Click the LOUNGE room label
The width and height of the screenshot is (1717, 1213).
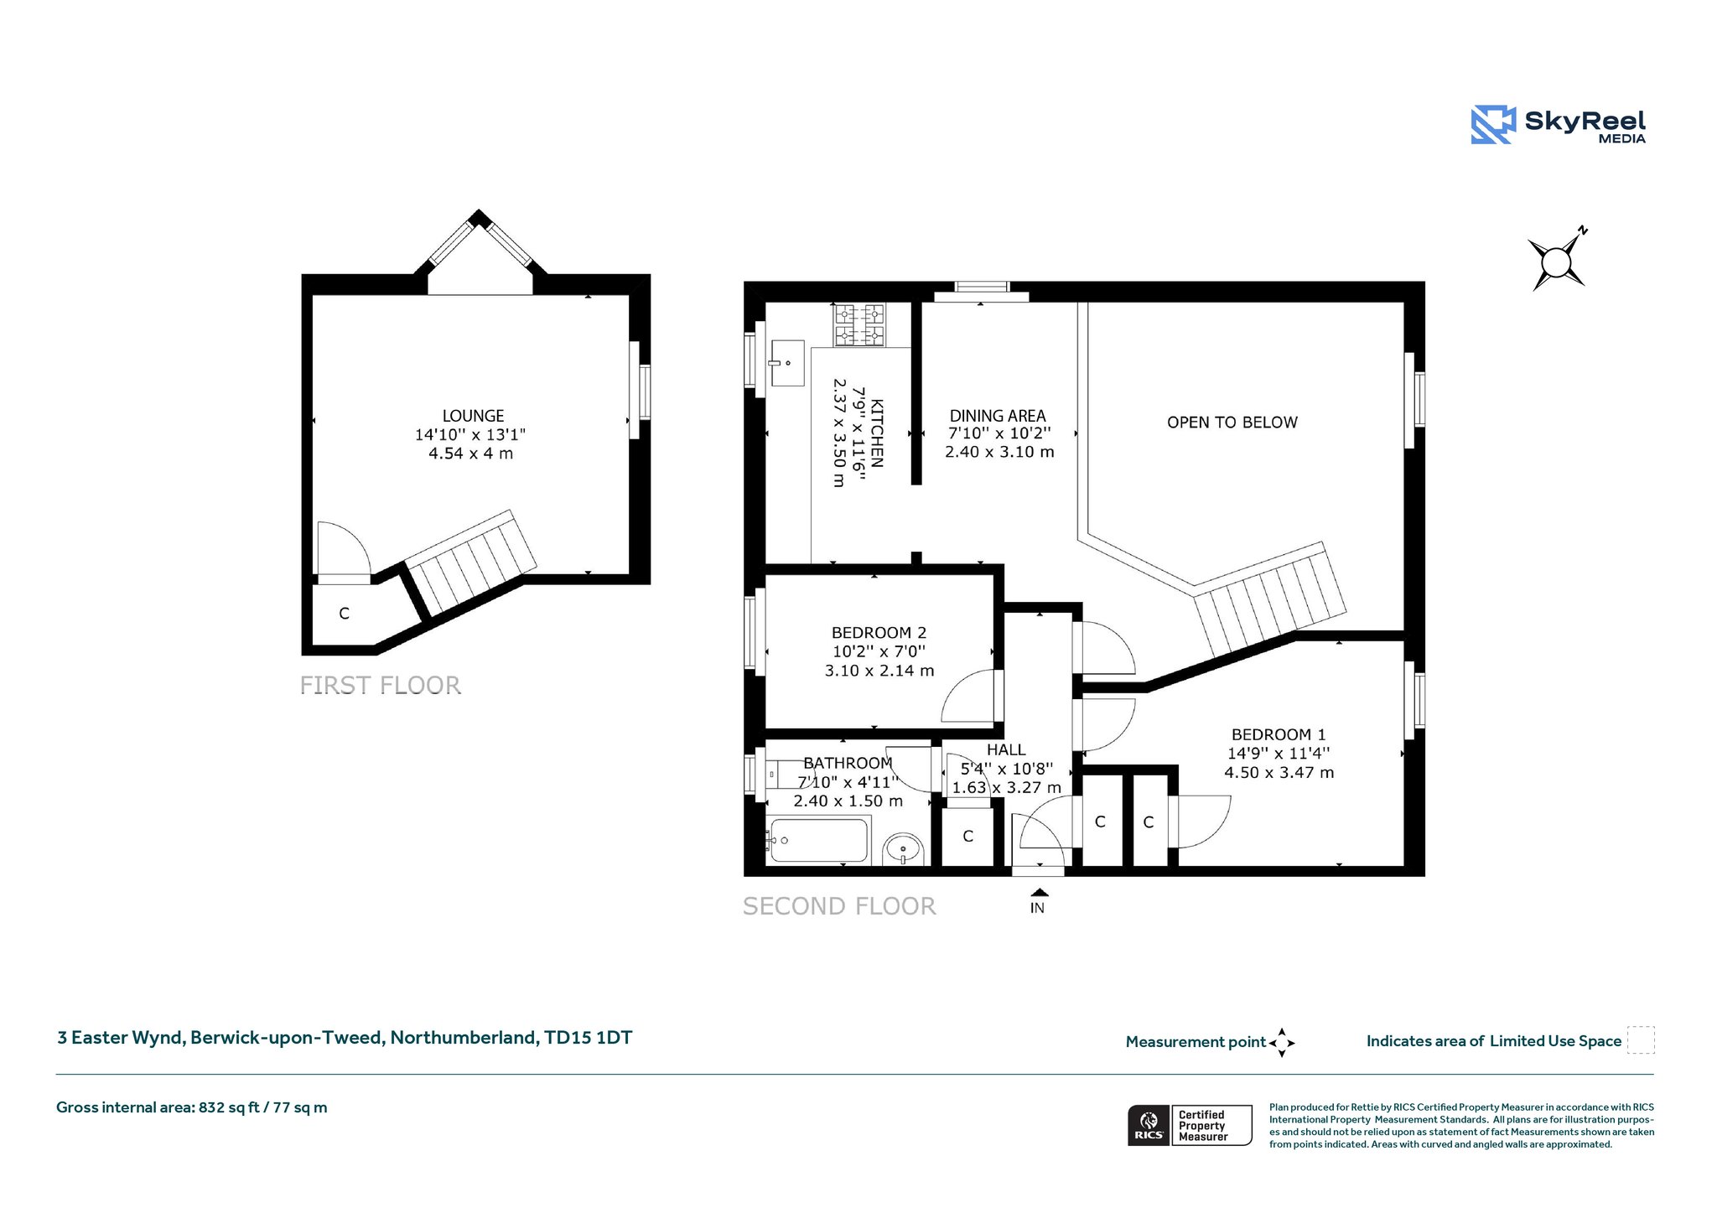click(x=474, y=416)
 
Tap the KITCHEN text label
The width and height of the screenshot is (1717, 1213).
click(x=877, y=433)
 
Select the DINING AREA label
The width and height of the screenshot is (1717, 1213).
click(x=998, y=416)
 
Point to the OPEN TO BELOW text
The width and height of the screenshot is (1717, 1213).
click(x=1232, y=422)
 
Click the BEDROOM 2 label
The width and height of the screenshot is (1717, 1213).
click(x=879, y=633)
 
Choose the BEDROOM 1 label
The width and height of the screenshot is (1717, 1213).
click(x=1279, y=734)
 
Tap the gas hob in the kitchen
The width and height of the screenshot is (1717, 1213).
click(x=859, y=325)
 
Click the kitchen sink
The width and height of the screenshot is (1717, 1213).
click(x=787, y=363)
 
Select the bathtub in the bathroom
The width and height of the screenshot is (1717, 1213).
click(x=818, y=840)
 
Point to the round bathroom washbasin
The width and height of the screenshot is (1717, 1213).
click(x=903, y=848)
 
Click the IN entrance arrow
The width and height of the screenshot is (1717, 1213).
click(x=1039, y=892)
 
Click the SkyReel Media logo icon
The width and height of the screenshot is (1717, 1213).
click(x=1493, y=125)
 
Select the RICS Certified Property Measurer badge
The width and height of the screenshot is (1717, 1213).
click(x=1190, y=1125)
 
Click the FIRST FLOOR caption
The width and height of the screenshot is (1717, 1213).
click(x=381, y=686)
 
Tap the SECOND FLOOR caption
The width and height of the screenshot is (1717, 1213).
click(x=839, y=906)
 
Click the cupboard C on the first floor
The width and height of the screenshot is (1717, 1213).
click(x=344, y=614)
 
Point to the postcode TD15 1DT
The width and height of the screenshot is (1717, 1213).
click(x=589, y=1038)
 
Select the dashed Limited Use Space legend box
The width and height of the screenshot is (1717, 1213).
click(x=1641, y=1039)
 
